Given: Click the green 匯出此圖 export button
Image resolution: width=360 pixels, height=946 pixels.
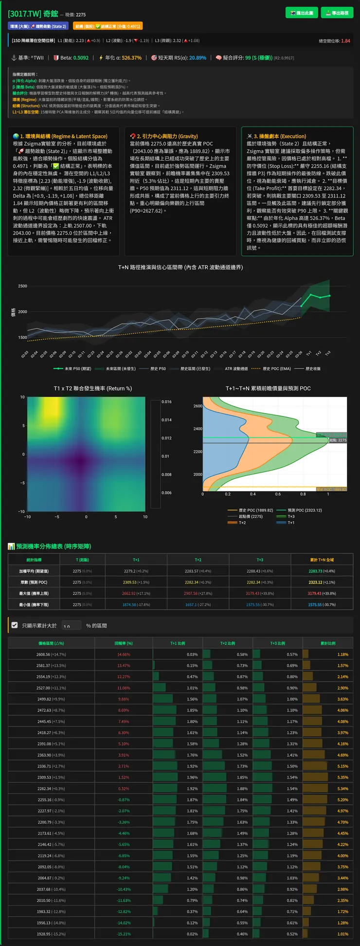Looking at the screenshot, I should pos(302,13).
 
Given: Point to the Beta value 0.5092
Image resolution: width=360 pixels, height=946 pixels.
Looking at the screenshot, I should pos(81,58).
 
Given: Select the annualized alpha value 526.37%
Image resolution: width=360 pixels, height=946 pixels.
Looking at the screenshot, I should pos(131,58).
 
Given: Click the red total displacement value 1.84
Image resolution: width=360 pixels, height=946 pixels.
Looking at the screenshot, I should pos(345,41).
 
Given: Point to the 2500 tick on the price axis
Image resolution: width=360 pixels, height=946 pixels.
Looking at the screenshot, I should pos(22,286).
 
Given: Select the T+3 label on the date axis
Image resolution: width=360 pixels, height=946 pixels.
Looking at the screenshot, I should pos(328,353).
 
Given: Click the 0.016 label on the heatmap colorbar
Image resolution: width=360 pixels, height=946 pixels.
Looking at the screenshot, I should pos(166,402).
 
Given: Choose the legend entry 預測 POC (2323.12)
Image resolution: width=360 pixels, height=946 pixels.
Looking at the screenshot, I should pos(305,510).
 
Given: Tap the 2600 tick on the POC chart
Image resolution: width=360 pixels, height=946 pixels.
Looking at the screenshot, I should pos(198,406).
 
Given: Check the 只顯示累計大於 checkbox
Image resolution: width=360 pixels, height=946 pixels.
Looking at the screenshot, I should pos(15,625).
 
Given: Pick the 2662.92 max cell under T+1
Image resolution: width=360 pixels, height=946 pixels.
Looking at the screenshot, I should pos(136,594).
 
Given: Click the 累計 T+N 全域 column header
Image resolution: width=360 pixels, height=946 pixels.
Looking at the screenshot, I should pos(322,560).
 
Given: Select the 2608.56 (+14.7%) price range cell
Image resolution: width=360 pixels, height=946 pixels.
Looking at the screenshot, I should pos(51,655).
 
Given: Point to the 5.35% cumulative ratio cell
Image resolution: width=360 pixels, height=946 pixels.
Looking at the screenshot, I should pos(342,778).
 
